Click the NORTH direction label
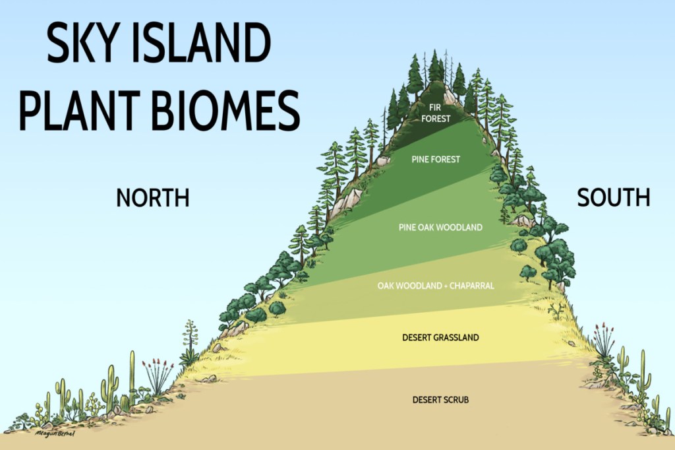pos(153,197)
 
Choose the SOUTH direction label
pos(614,197)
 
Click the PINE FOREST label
pos(436,159)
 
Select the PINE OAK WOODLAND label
pos(440,227)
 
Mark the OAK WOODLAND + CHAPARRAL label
pos(436,286)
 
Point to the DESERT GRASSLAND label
pos(440,338)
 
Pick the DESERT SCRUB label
pos(440,399)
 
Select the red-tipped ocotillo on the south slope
pos(602,340)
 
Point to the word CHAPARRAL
pos(473,286)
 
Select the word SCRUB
pos(456,399)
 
